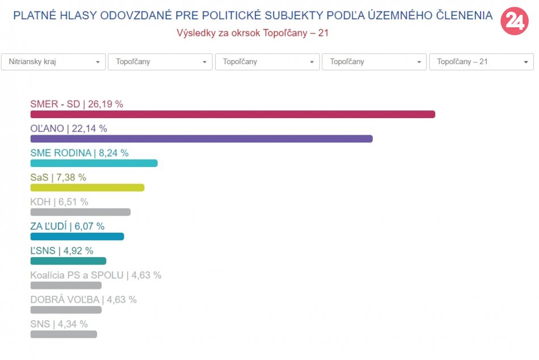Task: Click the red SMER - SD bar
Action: coord(233,114)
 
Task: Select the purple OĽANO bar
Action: coord(201,139)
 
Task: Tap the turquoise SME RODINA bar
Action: coord(94,163)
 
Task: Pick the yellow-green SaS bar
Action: coord(87,187)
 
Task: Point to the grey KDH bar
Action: coord(80,212)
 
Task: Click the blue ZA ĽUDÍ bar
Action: coord(77,236)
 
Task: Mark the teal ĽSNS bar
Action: coord(68,261)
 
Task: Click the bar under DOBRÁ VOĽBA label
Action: coord(66,309)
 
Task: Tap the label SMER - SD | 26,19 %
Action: coord(77,104)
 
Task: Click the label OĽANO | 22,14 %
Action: coord(69,128)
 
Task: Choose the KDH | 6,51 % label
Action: coord(59,202)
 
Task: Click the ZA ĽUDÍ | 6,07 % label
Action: coord(68,226)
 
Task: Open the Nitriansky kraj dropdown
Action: coord(53,62)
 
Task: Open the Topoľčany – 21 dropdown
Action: coord(481,62)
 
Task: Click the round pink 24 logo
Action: coord(514,22)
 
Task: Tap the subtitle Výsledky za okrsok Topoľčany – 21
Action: coord(252,33)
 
